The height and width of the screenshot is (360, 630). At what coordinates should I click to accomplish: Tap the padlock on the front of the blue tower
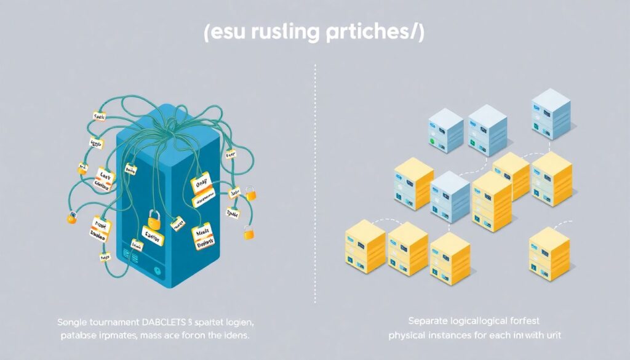point(154,219)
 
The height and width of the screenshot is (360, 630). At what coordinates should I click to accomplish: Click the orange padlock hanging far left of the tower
point(72,217)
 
